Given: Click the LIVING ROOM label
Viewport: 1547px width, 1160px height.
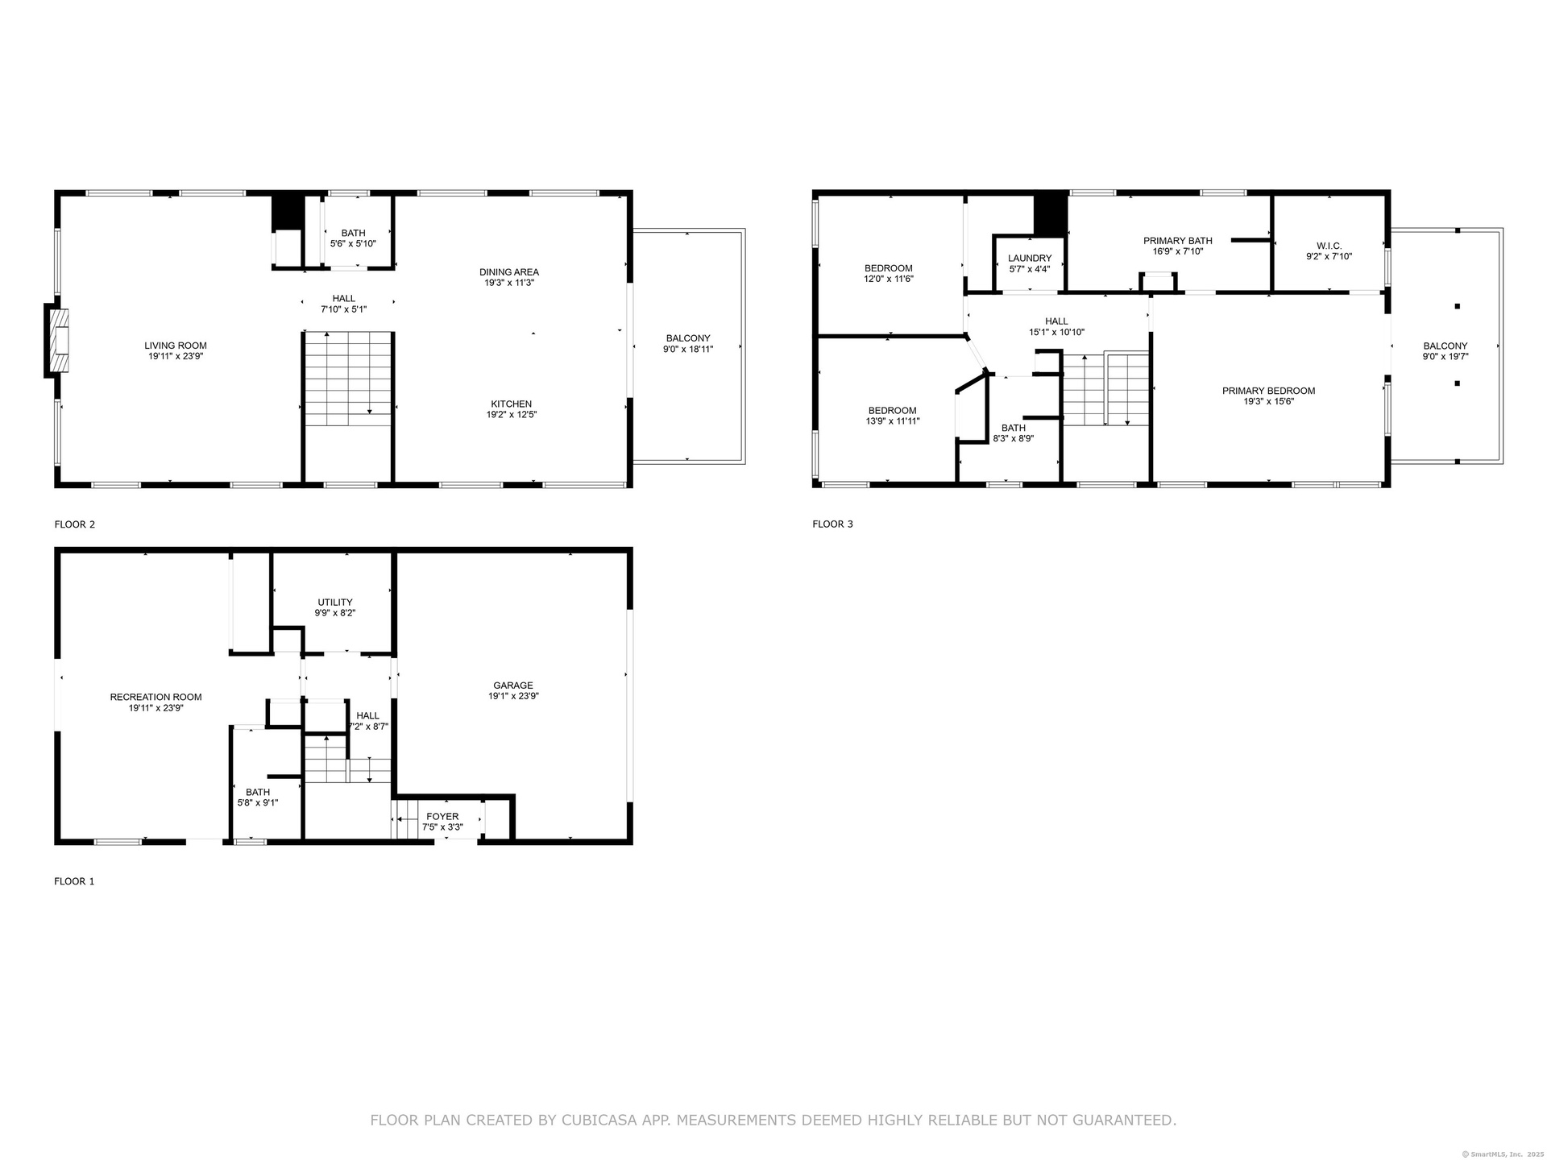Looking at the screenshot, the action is point(176,346).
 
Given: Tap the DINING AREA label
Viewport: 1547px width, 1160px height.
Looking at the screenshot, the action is point(509,272).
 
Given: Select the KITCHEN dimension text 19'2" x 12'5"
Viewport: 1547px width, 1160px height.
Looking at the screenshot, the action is point(512,415).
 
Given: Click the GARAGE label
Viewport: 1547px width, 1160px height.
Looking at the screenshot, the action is point(513,686).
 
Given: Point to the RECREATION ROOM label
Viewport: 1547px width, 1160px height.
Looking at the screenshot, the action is point(156,697).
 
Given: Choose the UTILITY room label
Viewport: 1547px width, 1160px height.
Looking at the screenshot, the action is point(335,602).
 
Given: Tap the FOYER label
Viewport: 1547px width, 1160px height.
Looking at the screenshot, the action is point(442,816).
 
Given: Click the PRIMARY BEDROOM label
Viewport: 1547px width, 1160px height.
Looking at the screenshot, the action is point(1268,391).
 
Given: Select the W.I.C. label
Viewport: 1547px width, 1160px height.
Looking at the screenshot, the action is point(1329,246).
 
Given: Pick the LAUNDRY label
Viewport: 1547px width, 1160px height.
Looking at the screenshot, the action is point(1030,259).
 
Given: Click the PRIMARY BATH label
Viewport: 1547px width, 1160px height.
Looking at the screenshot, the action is point(1178,241).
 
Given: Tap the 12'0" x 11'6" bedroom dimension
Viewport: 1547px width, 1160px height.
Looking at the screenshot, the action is point(889,279).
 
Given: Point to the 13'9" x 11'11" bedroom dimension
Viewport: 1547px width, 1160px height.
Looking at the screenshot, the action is point(892,420).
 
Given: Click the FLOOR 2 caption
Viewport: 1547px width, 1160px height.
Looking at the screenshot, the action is point(75,524).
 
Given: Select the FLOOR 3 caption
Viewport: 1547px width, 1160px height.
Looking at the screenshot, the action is point(832,524).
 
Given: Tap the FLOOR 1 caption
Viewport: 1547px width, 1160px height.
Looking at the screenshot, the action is point(74,881).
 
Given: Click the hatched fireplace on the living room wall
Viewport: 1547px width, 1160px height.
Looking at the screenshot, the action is point(59,341).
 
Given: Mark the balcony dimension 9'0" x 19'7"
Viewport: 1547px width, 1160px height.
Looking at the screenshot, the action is point(1445,356).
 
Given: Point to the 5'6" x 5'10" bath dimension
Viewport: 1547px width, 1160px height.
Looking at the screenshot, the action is point(353,243).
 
